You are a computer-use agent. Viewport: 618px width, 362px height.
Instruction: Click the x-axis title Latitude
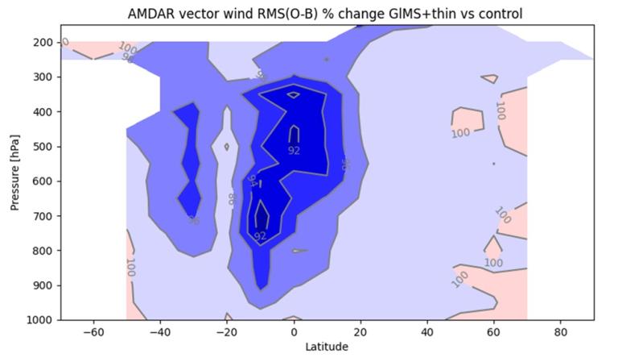point(327,347)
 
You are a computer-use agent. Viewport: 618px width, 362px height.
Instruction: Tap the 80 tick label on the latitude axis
point(561,331)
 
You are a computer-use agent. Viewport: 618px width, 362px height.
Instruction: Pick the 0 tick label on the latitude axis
point(294,331)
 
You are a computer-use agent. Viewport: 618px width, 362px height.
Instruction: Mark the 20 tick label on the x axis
point(360,331)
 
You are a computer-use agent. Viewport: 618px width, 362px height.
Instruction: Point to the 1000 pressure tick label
point(39,320)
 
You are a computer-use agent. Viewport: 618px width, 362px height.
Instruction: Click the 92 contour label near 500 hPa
point(294,150)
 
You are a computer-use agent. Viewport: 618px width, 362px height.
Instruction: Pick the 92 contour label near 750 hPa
point(260,236)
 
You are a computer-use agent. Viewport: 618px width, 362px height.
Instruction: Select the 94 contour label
point(252,181)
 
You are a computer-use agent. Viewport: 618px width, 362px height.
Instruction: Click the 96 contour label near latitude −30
point(193,220)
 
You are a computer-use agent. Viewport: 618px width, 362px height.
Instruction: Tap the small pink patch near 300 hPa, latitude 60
point(488,79)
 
